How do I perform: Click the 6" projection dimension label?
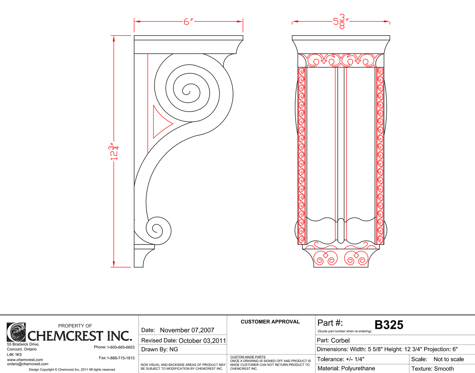188,22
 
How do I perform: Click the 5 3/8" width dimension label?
340,22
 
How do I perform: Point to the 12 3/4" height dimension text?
114,152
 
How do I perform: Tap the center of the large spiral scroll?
187,90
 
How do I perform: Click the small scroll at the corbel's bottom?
157,229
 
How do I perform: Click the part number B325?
389,325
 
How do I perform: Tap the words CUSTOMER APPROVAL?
270,322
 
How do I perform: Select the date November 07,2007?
187,330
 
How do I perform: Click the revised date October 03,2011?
202,340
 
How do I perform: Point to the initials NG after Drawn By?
174,349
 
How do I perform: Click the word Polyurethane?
358,368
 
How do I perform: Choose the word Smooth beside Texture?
444,369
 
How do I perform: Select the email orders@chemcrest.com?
28,364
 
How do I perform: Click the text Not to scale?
448,359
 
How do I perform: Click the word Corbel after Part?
340,340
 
